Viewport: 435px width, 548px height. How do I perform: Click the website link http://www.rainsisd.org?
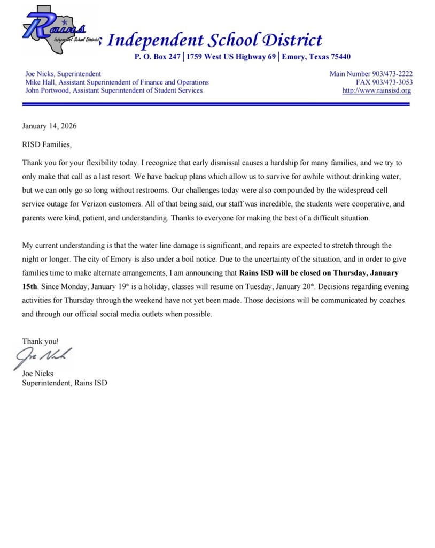pyautogui.click(x=377, y=90)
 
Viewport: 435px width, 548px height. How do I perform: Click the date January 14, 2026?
pyautogui.click(x=49, y=126)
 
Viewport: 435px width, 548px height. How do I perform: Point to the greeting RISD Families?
pyautogui.click(x=46, y=144)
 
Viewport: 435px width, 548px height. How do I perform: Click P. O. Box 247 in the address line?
pyautogui.click(x=157, y=57)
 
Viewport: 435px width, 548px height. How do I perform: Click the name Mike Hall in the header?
pyautogui.click(x=40, y=82)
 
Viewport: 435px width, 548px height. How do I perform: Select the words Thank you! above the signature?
pyautogui.click(x=40, y=341)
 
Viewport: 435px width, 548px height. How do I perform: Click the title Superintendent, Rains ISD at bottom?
pyautogui.click(x=64, y=383)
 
